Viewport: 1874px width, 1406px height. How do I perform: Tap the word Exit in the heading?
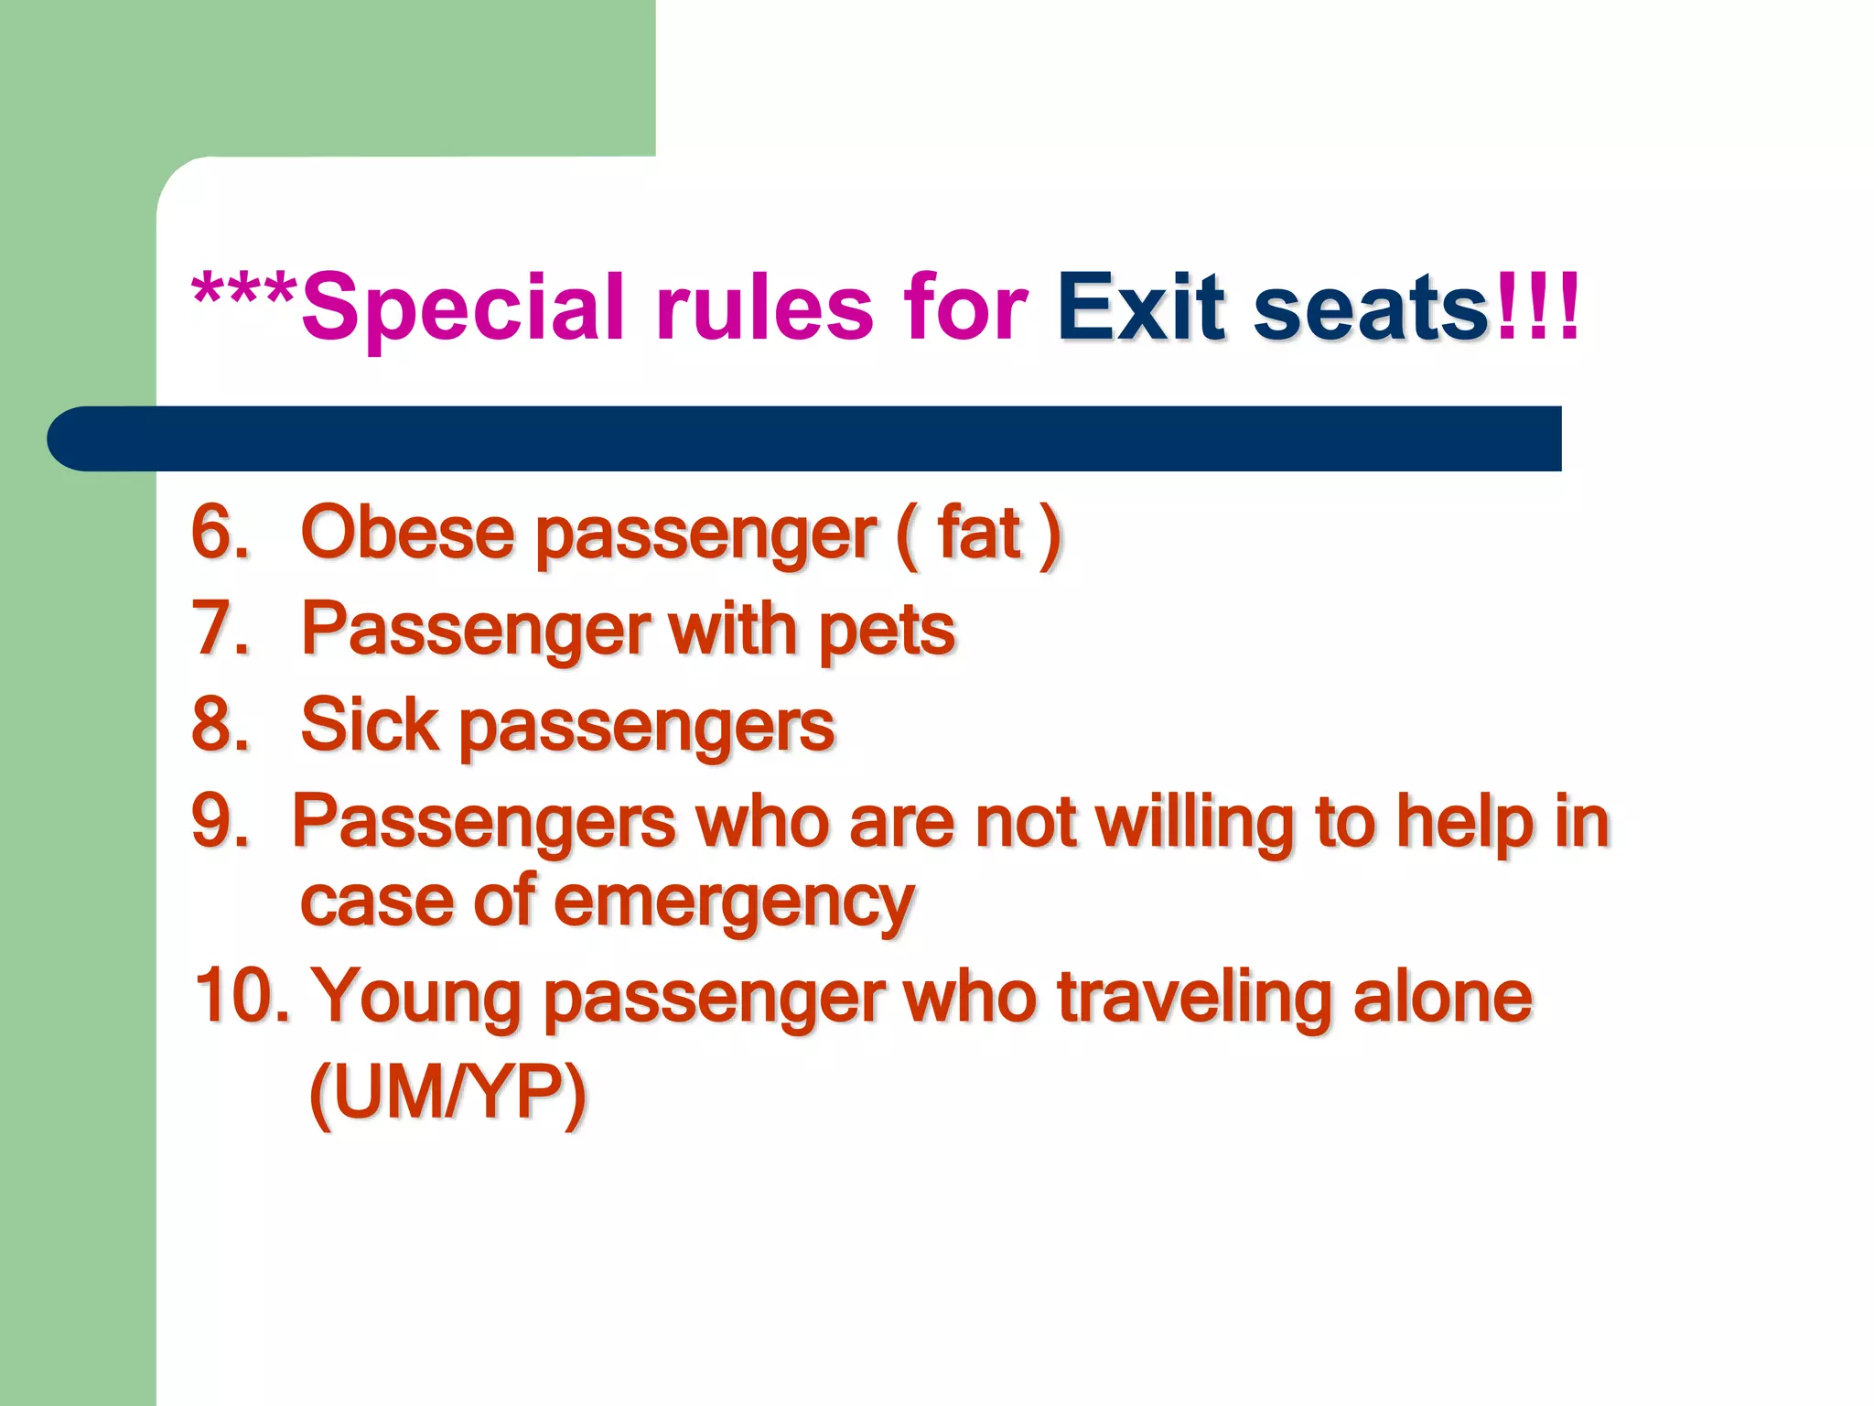coord(1140,307)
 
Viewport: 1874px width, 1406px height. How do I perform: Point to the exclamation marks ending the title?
coord(1537,307)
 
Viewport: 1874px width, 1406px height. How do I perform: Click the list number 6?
coord(220,532)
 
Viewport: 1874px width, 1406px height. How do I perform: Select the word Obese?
coord(407,532)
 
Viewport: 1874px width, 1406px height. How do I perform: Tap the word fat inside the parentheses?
coord(978,532)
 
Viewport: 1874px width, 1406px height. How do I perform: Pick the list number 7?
coord(220,629)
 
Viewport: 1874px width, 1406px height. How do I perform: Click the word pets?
coord(886,631)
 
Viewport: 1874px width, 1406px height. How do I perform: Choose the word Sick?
coord(370,725)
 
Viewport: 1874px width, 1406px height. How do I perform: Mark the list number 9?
coord(220,821)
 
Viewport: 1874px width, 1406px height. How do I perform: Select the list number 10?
coord(240,996)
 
